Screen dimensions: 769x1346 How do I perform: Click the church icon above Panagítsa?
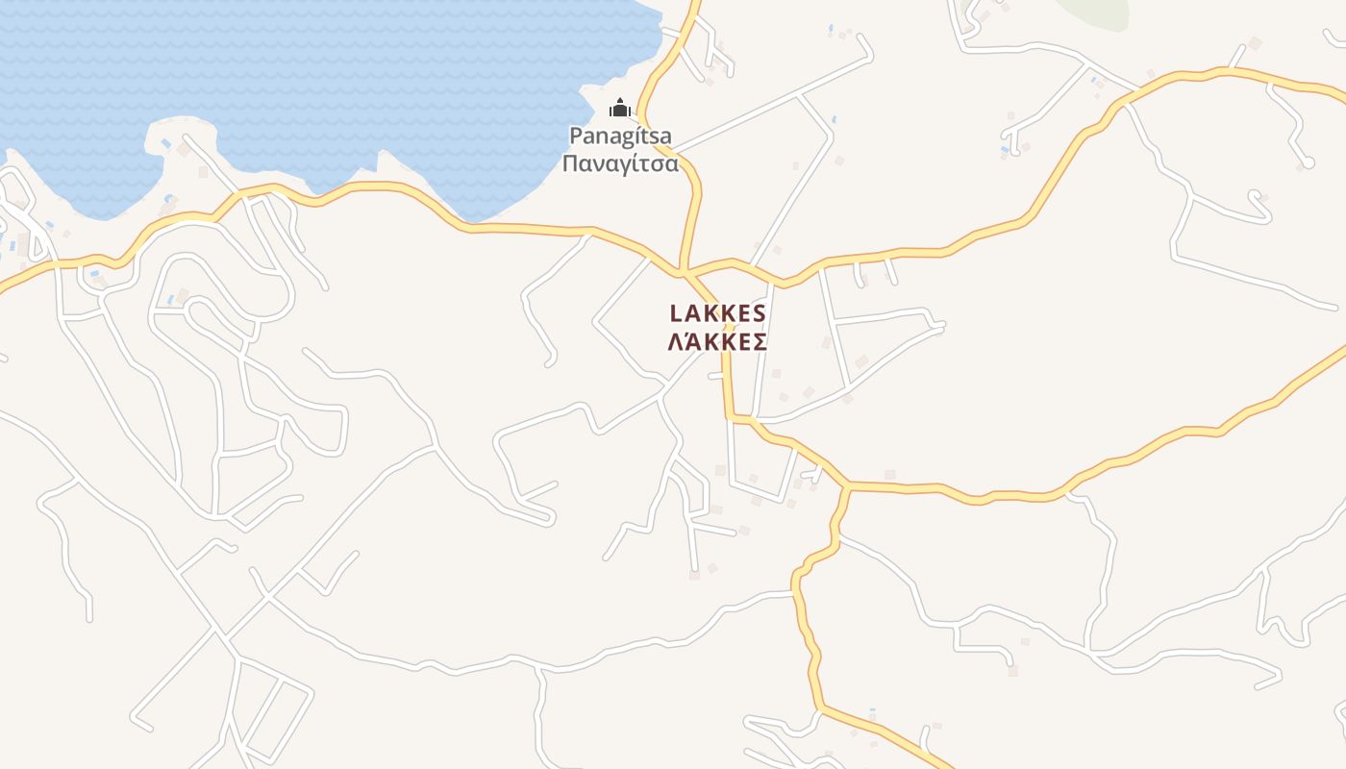[620, 107]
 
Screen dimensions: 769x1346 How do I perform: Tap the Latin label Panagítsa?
[620, 136]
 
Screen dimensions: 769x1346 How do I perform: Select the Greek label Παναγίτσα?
[620, 163]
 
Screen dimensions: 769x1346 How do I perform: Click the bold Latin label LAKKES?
[717, 313]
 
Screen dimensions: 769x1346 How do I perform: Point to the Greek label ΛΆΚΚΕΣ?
[717, 342]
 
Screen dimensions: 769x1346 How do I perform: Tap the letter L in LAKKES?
[676, 313]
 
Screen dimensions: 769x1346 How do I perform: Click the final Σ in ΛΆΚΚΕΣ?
[759, 342]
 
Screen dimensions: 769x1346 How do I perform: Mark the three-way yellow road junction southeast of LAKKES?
[848, 486]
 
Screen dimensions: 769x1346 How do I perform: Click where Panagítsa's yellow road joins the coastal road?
[683, 272]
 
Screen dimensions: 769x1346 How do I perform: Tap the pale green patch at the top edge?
[1096, 12]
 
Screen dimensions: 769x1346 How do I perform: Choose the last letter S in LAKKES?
[759, 313]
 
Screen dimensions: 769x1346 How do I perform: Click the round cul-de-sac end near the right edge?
[1307, 163]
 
